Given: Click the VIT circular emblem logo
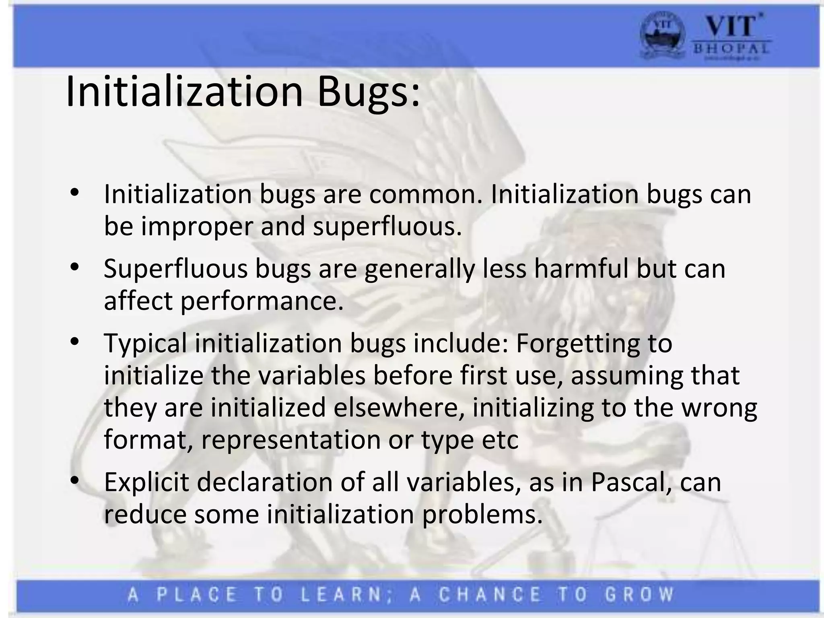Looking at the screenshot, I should click(662, 39).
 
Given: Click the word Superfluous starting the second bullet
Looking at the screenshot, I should click(175, 268).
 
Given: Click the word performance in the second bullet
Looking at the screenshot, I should click(262, 301).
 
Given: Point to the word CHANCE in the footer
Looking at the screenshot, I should click(490, 595).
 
